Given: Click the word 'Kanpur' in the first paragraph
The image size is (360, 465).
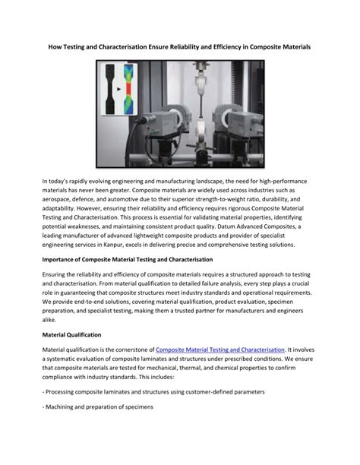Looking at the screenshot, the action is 127,245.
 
